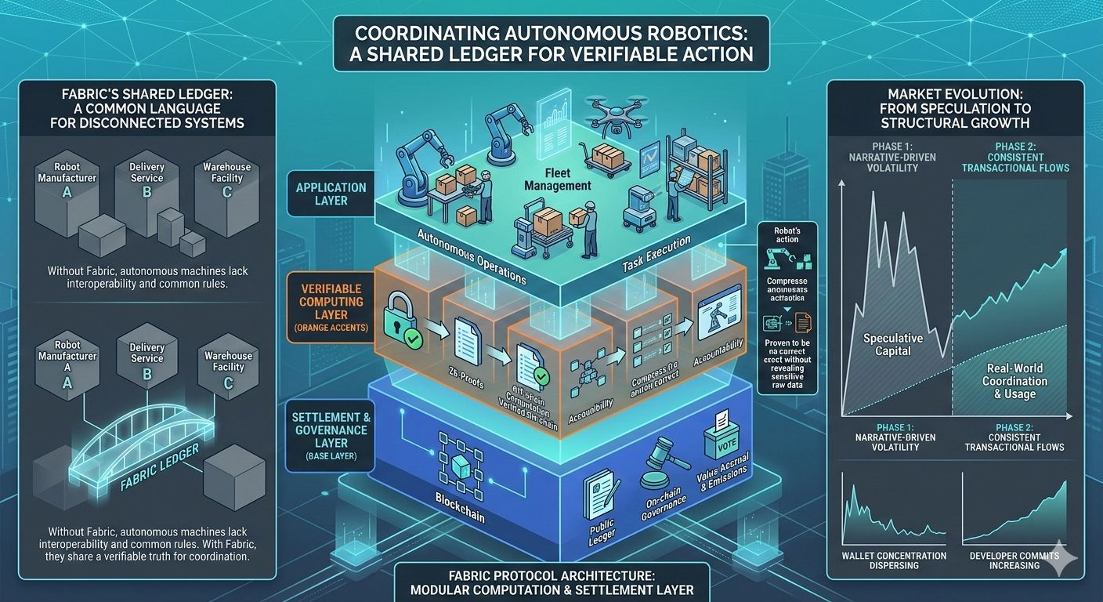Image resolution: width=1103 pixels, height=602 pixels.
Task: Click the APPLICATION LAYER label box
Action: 331,194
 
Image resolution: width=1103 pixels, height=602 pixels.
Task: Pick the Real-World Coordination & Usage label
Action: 1014,381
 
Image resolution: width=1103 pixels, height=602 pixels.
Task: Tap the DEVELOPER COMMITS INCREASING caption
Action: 1014,560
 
